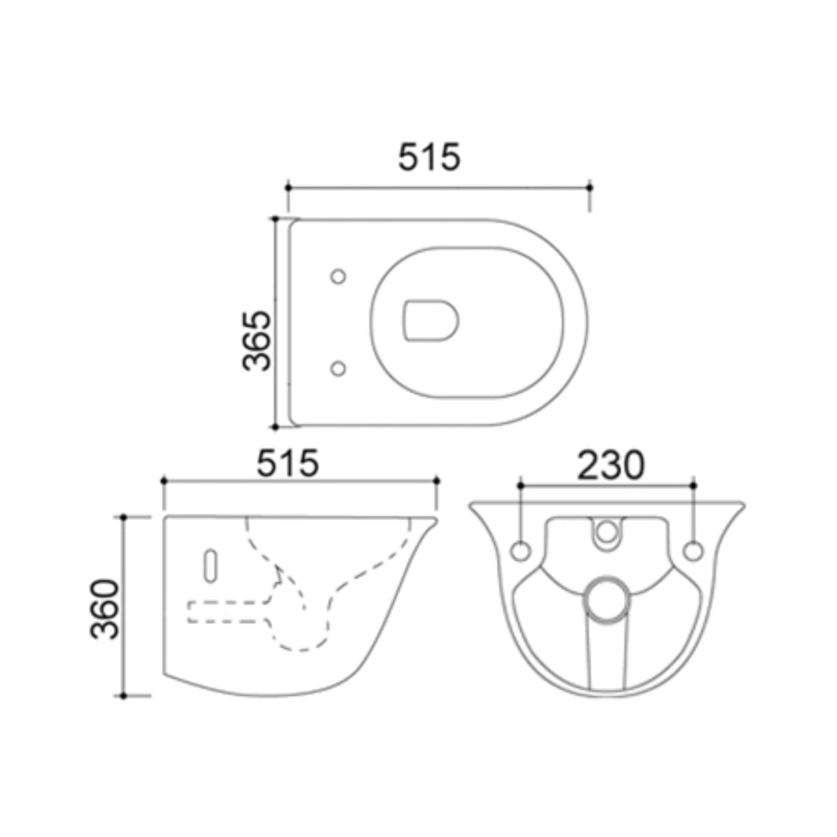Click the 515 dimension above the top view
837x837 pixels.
click(429, 157)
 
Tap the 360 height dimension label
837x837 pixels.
click(105, 609)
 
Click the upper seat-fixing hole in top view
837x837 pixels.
click(338, 276)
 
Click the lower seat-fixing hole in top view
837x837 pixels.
click(338, 368)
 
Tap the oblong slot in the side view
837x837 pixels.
click(210, 565)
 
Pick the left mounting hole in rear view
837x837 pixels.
click(520, 551)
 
